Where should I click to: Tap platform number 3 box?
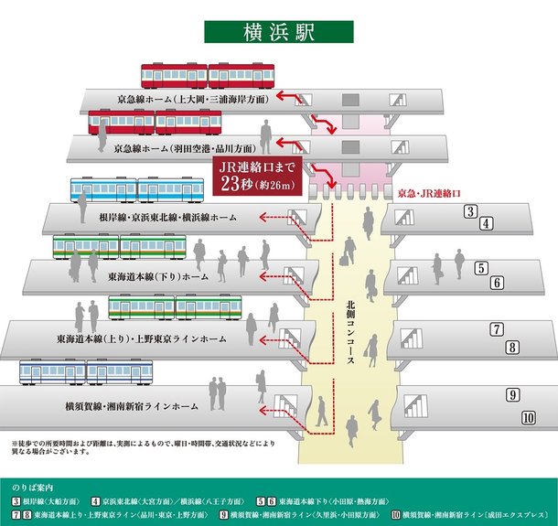coord(471,212)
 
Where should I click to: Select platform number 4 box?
coord(487,224)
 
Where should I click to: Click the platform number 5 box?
coord(481,268)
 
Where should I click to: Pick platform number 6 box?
coord(498,283)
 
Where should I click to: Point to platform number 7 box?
coord(497,330)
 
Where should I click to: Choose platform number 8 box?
coord(512,347)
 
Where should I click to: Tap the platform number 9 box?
coord(514,395)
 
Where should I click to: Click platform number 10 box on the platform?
coord(528,417)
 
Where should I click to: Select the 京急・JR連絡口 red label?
coord(429,195)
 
